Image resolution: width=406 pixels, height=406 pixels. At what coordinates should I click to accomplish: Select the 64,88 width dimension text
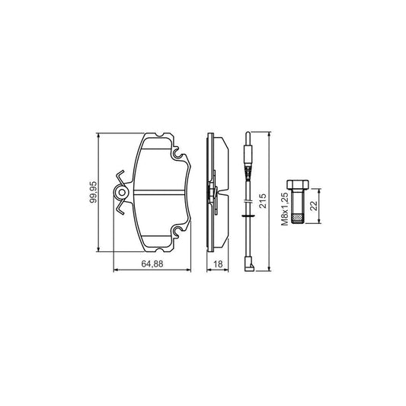[152, 264]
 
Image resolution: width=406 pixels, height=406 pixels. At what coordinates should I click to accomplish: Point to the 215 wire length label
[264, 202]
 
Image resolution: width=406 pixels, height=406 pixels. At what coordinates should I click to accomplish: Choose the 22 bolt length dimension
[322, 208]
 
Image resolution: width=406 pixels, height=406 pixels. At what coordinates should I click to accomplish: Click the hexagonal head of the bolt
[296, 184]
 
